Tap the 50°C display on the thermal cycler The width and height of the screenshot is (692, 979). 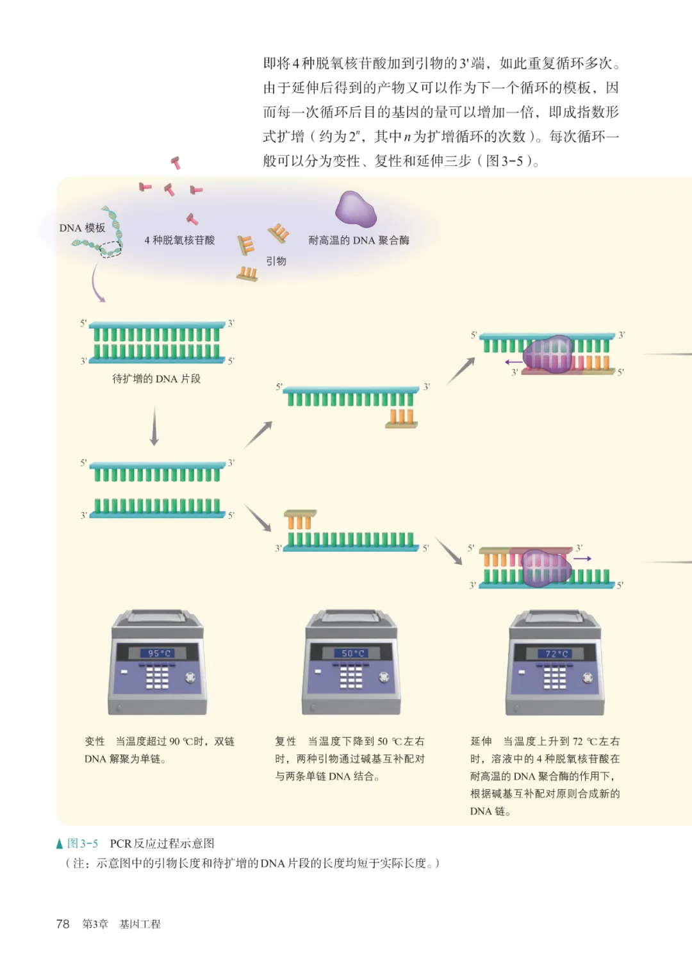click(x=352, y=653)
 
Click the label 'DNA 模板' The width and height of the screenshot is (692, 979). click(x=82, y=228)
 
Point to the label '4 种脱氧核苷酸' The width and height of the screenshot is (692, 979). click(x=179, y=240)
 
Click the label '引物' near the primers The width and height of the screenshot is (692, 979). click(x=276, y=261)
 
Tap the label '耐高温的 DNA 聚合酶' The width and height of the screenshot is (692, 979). click(x=359, y=240)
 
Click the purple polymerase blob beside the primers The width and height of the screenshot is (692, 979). click(x=356, y=210)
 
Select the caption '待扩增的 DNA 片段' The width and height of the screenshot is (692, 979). click(x=156, y=378)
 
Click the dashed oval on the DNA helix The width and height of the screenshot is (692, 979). click(x=111, y=249)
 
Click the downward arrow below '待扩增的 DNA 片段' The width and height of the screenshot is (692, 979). click(x=154, y=426)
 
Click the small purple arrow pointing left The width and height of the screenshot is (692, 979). click(x=513, y=362)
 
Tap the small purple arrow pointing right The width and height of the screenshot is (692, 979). click(x=582, y=558)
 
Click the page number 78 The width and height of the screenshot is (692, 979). click(x=63, y=923)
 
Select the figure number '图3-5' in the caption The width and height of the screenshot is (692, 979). click(x=83, y=843)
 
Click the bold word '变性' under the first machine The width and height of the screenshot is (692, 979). click(x=95, y=741)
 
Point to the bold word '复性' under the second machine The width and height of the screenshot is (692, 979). click(x=286, y=741)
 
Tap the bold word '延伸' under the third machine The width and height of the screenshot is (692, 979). click(x=481, y=741)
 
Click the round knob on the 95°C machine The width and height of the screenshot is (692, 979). click(x=190, y=677)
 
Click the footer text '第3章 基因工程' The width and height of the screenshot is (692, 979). click(x=122, y=924)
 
